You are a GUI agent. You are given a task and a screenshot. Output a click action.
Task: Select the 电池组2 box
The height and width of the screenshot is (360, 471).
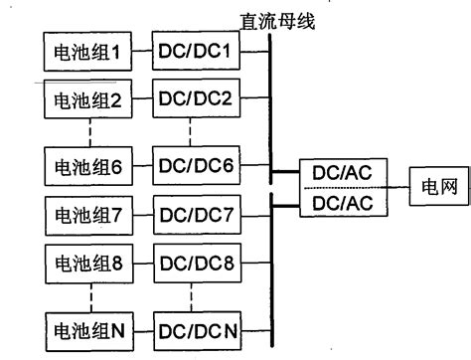point(88,99)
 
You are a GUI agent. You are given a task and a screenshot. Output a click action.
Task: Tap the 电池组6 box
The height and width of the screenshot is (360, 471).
point(88,165)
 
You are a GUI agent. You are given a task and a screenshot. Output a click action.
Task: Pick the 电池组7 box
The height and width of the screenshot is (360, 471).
point(88,215)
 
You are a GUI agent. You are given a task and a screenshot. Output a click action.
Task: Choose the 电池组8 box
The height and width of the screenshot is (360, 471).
point(88,266)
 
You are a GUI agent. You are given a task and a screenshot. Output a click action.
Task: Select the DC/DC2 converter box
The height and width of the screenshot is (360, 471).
point(195,99)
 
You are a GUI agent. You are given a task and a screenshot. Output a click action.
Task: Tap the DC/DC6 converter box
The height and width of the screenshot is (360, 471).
point(195,165)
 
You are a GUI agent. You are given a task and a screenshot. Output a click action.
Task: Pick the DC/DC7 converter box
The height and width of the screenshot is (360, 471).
point(195,215)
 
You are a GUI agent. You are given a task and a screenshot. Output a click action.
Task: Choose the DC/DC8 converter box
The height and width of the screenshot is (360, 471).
point(195,266)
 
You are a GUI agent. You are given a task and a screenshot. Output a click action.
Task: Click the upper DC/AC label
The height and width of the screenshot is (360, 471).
point(342,173)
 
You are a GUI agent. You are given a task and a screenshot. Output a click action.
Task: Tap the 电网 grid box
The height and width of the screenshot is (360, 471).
point(434,187)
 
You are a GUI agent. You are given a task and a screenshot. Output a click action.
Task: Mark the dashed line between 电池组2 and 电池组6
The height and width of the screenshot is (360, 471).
point(88,132)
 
